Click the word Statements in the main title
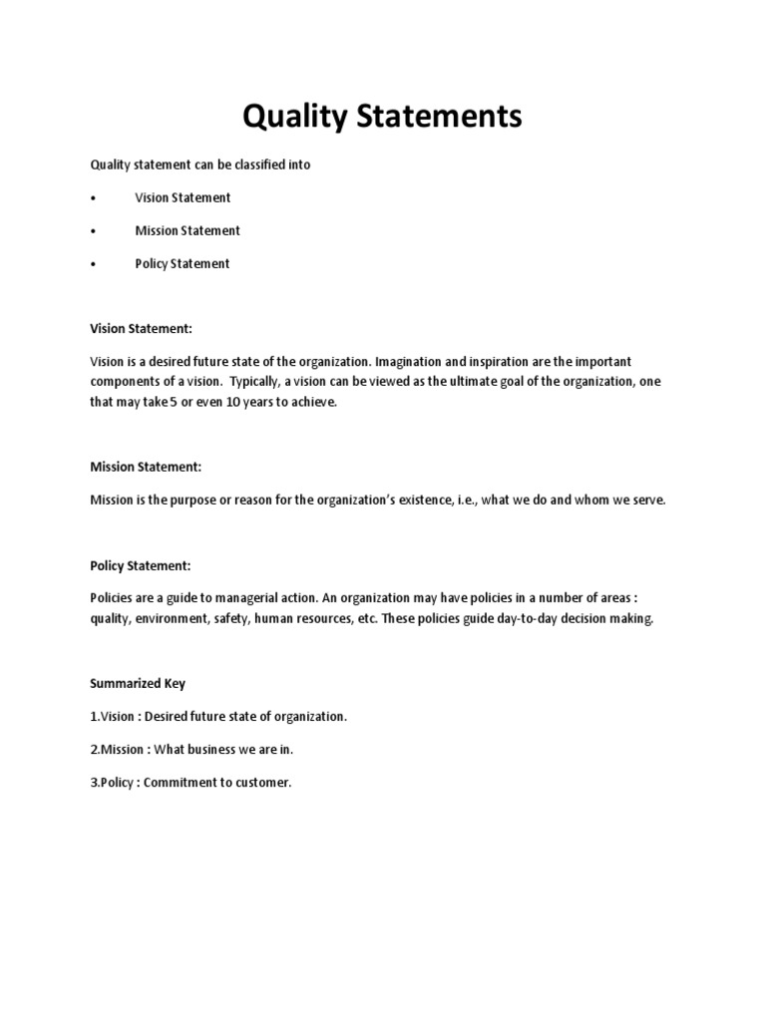(440, 118)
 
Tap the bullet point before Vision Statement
(93, 198)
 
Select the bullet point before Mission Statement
(93, 231)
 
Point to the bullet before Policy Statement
(93, 264)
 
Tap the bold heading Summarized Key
(138, 683)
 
